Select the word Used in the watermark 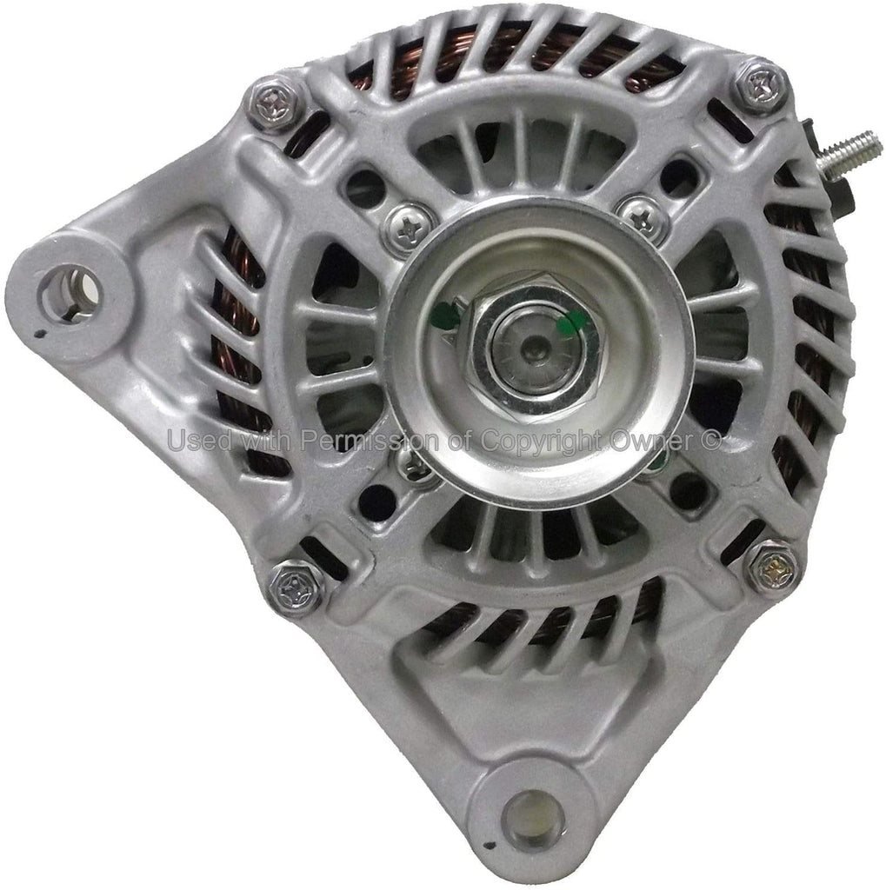point(197,441)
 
